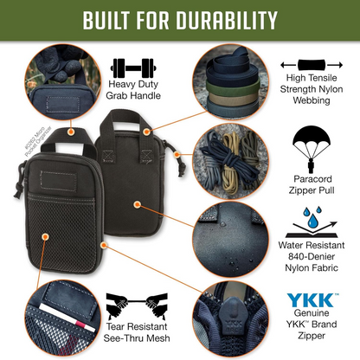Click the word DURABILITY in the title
[x=228, y=20]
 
